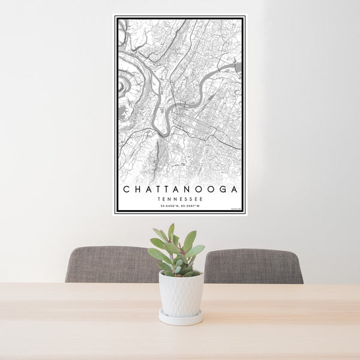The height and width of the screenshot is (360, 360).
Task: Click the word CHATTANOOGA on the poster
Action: tap(180, 189)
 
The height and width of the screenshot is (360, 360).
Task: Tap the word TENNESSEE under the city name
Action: tap(180, 199)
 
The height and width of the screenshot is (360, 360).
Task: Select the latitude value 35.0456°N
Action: tap(168, 206)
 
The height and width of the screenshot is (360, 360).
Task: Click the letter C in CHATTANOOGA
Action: tap(125, 189)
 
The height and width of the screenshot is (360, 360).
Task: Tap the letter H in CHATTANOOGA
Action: tap(137, 189)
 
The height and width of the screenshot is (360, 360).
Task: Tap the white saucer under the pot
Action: tap(181, 318)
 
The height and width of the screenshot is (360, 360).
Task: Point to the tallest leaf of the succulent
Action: tap(171, 232)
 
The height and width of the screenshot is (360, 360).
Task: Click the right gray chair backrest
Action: tap(253, 266)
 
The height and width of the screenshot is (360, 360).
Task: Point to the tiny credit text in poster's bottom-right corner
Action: tap(235, 209)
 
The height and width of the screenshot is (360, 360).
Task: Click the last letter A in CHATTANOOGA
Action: tap(234, 189)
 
